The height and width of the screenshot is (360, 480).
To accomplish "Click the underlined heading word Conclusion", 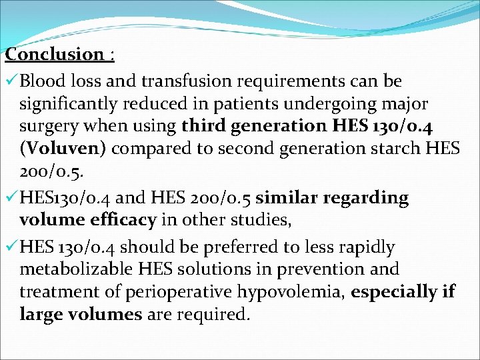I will [53, 54].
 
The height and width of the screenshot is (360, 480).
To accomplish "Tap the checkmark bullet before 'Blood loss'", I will [11, 81].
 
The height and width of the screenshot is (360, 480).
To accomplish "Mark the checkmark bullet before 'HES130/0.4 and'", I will [11, 198].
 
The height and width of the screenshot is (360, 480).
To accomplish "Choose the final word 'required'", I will [213, 315].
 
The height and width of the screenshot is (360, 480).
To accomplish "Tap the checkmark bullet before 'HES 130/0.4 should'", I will [11, 247].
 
